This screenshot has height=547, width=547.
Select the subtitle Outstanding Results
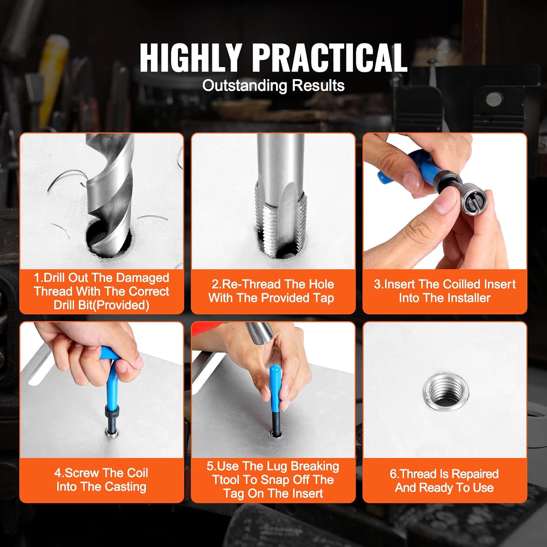[273, 86]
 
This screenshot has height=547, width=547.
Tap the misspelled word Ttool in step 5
[227, 480]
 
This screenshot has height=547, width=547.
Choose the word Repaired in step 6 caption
[475, 474]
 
